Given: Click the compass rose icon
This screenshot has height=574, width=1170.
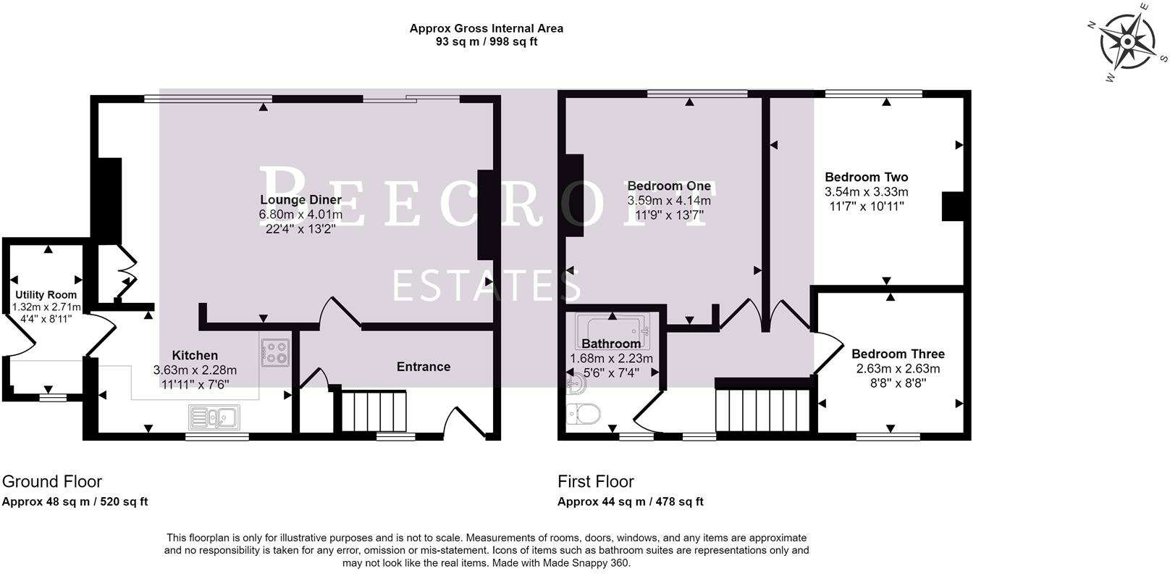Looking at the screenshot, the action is click(x=1127, y=42).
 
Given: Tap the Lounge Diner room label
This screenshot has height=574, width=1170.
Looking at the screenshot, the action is click(x=301, y=200).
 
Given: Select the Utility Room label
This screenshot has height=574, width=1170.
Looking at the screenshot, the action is click(x=46, y=295).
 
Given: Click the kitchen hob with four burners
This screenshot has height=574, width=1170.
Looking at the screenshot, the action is click(x=275, y=352).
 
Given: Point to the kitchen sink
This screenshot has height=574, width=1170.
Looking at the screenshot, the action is click(x=214, y=417).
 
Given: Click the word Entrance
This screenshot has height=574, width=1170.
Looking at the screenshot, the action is click(x=424, y=367).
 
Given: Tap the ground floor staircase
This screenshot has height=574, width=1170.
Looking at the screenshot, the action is click(x=374, y=411).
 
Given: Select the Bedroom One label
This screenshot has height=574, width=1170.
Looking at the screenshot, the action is click(x=669, y=186).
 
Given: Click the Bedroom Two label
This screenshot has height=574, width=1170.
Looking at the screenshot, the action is click(x=867, y=178).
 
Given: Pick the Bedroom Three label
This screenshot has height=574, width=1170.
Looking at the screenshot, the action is click(x=898, y=354).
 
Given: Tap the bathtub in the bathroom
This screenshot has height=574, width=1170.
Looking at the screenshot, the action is click(x=613, y=331).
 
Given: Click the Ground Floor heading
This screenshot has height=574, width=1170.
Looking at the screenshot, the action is click(x=52, y=481).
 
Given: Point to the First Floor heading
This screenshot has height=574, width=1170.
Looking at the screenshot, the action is click(x=595, y=481).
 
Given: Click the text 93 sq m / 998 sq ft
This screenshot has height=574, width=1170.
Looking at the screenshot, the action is click(x=487, y=42).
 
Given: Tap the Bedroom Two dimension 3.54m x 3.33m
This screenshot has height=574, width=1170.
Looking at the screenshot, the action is click(x=867, y=192).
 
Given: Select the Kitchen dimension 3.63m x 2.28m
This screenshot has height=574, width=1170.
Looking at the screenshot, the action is click(x=195, y=370).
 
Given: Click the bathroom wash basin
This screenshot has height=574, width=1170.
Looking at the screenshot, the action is click(x=576, y=384).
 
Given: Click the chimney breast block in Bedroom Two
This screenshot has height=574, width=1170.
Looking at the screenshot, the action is click(x=953, y=207).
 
